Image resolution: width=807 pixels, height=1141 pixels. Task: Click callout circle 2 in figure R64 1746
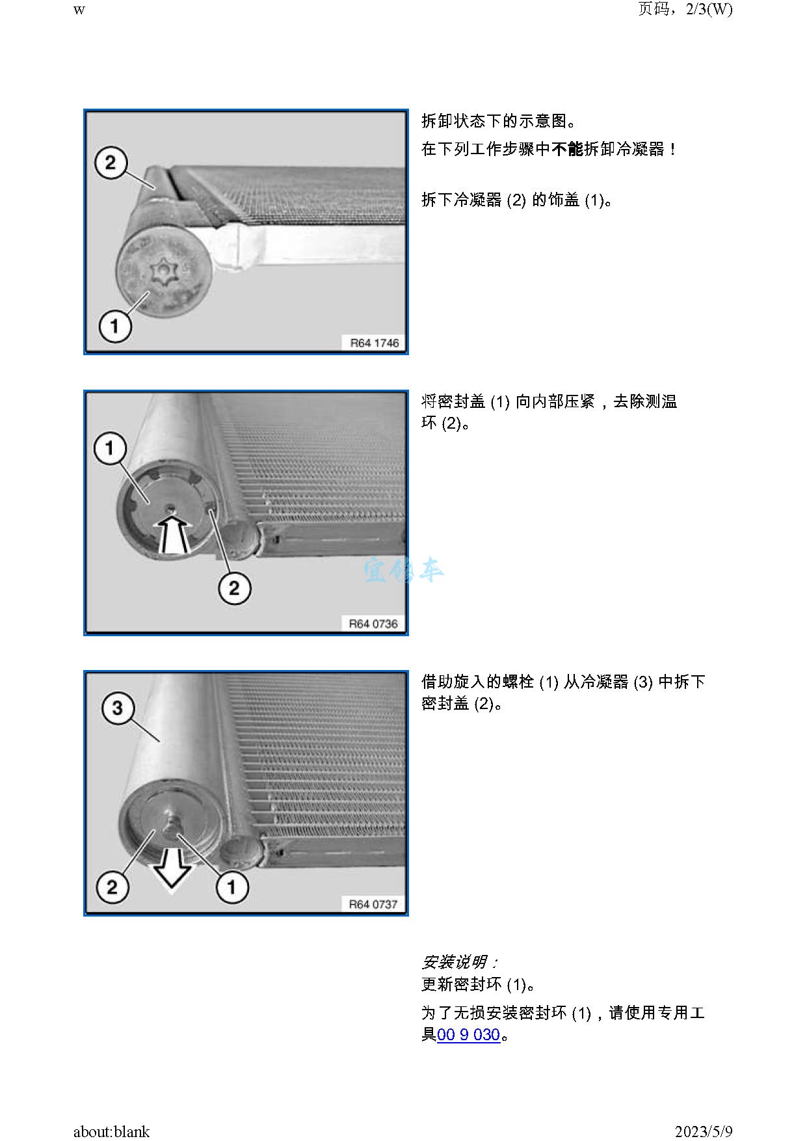pyautogui.click(x=111, y=162)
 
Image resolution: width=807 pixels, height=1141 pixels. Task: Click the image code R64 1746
pyautogui.click(x=375, y=343)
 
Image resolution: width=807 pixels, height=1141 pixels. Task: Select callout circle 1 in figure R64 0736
pyautogui.click(x=110, y=448)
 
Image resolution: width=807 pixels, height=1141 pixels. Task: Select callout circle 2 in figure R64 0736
pyautogui.click(x=234, y=589)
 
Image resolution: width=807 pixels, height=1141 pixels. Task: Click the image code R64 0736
pyautogui.click(x=373, y=624)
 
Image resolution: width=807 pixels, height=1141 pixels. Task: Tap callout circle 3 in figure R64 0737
pyautogui.click(x=118, y=708)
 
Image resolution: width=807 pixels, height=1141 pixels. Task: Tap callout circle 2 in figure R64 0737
pyautogui.click(x=112, y=887)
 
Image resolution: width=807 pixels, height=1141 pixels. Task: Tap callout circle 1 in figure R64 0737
pyautogui.click(x=232, y=886)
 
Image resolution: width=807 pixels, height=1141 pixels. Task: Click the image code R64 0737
pyautogui.click(x=373, y=904)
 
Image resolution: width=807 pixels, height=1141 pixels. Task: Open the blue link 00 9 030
pyautogui.click(x=468, y=1034)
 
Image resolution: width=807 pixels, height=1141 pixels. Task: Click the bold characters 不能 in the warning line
pyautogui.click(x=568, y=149)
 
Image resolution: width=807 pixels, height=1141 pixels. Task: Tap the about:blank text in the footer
pyautogui.click(x=111, y=1131)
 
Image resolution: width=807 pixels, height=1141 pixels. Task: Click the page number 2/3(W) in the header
pyautogui.click(x=709, y=9)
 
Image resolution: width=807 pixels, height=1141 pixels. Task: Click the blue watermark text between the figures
pyautogui.click(x=403, y=570)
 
